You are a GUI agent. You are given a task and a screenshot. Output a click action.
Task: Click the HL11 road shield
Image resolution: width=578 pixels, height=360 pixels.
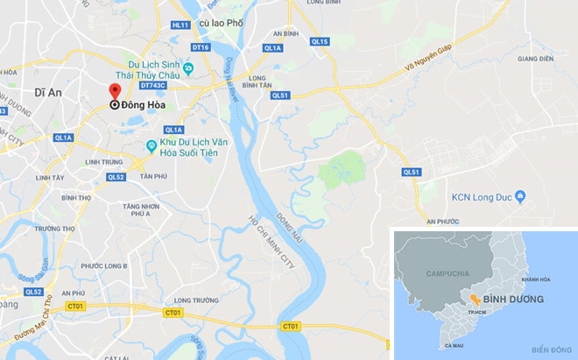[x=180, y=25]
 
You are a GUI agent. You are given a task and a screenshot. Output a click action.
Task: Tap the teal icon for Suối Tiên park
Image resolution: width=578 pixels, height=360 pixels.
[x=152, y=145]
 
